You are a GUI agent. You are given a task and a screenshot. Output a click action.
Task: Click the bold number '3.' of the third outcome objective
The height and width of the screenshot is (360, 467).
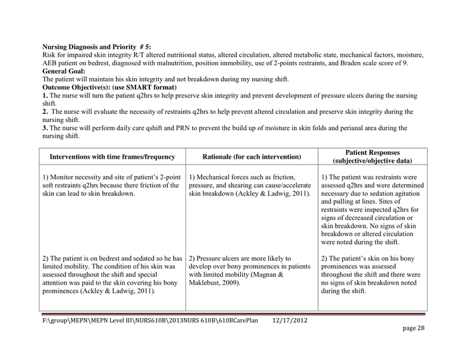click(x=45, y=127)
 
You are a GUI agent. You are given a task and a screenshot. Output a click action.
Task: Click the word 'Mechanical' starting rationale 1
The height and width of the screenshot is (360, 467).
click(x=218, y=177)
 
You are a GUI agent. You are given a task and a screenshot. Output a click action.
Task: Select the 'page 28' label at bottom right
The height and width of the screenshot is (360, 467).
click(x=413, y=329)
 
